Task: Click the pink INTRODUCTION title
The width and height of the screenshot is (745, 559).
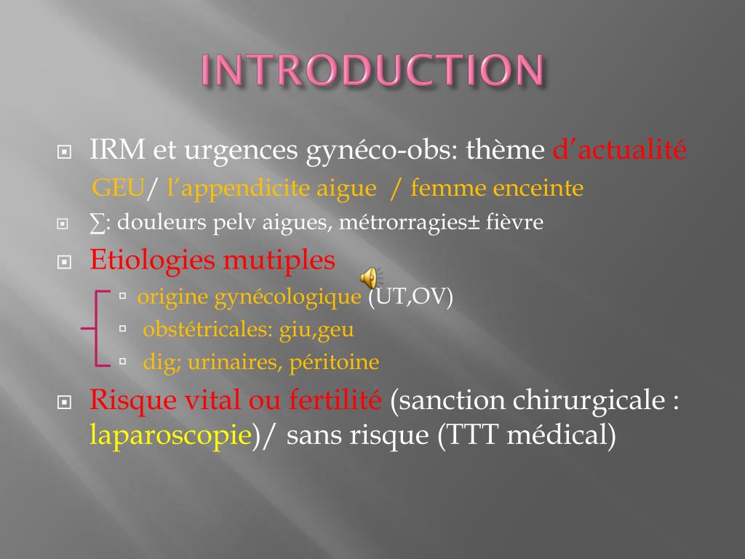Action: point(372,71)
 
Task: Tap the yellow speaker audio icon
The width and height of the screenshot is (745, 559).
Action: point(370,277)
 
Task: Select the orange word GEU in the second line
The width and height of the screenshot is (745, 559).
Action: point(119,189)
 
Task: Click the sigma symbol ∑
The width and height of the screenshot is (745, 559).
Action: point(97,222)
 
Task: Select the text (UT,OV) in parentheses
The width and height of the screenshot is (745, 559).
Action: point(410,297)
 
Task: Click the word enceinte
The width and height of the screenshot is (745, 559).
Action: point(538,189)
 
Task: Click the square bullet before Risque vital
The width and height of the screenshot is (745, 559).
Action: point(64,401)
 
